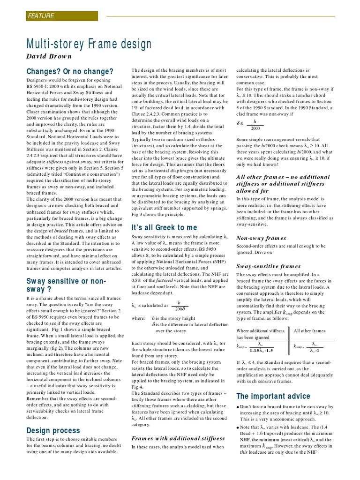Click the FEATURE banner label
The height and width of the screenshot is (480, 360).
click(x=41, y=16)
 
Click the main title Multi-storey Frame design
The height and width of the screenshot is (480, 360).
click(x=89, y=45)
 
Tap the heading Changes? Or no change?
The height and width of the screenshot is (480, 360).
click(x=70, y=72)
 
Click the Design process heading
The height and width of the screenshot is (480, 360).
click(x=52, y=430)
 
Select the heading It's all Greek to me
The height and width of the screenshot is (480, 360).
click(x=164, y=227)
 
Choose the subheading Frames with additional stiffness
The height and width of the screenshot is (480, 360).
click(x=178, y=438)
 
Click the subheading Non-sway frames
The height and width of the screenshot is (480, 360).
click(x=261, y=238)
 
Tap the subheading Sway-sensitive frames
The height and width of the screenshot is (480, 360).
click(x=269, y=266)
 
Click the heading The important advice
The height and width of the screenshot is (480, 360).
click(x=273, y=396)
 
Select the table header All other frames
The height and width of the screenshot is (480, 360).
click(x=309, y=330)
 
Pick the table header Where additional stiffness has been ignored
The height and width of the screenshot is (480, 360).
click(x=260, y=334)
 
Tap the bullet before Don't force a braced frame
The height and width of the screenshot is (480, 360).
click(x=238, y=407)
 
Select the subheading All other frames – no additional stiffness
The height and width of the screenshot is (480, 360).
click(x=283, y=183)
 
